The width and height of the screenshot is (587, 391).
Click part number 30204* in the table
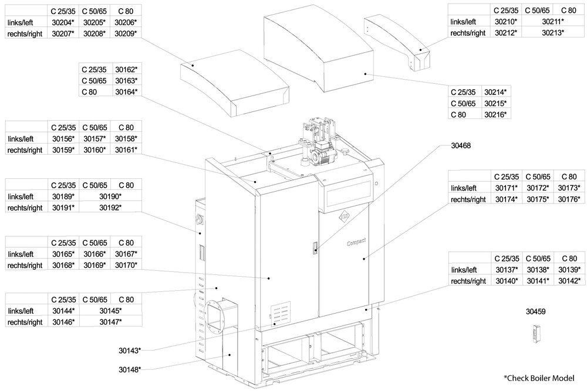pos(63,22)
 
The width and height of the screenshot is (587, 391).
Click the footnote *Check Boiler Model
pos(538,378)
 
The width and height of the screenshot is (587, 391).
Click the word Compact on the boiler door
pos(356,240)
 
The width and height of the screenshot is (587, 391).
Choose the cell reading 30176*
pos(568,199)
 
